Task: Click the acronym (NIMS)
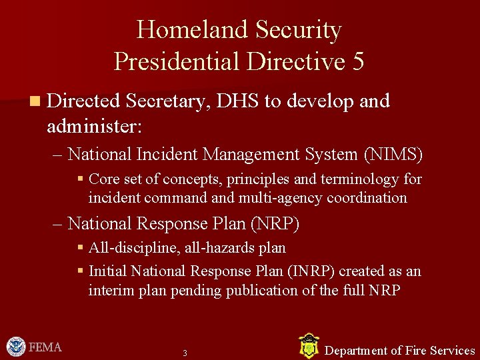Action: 393,155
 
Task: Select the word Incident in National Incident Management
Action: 167,155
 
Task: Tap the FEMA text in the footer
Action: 45,347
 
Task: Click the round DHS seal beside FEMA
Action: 16,347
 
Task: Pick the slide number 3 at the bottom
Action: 185,353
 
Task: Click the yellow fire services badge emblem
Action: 308,346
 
